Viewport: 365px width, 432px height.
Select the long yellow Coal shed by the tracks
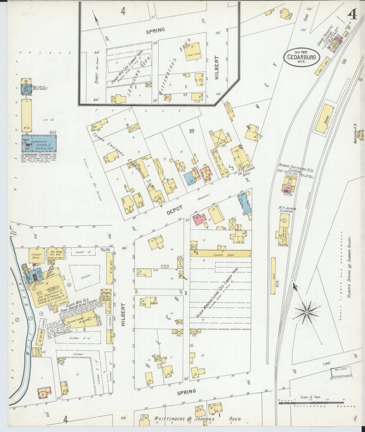(x=273, y=276)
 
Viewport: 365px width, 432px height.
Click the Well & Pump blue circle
(x=108, y=250)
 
